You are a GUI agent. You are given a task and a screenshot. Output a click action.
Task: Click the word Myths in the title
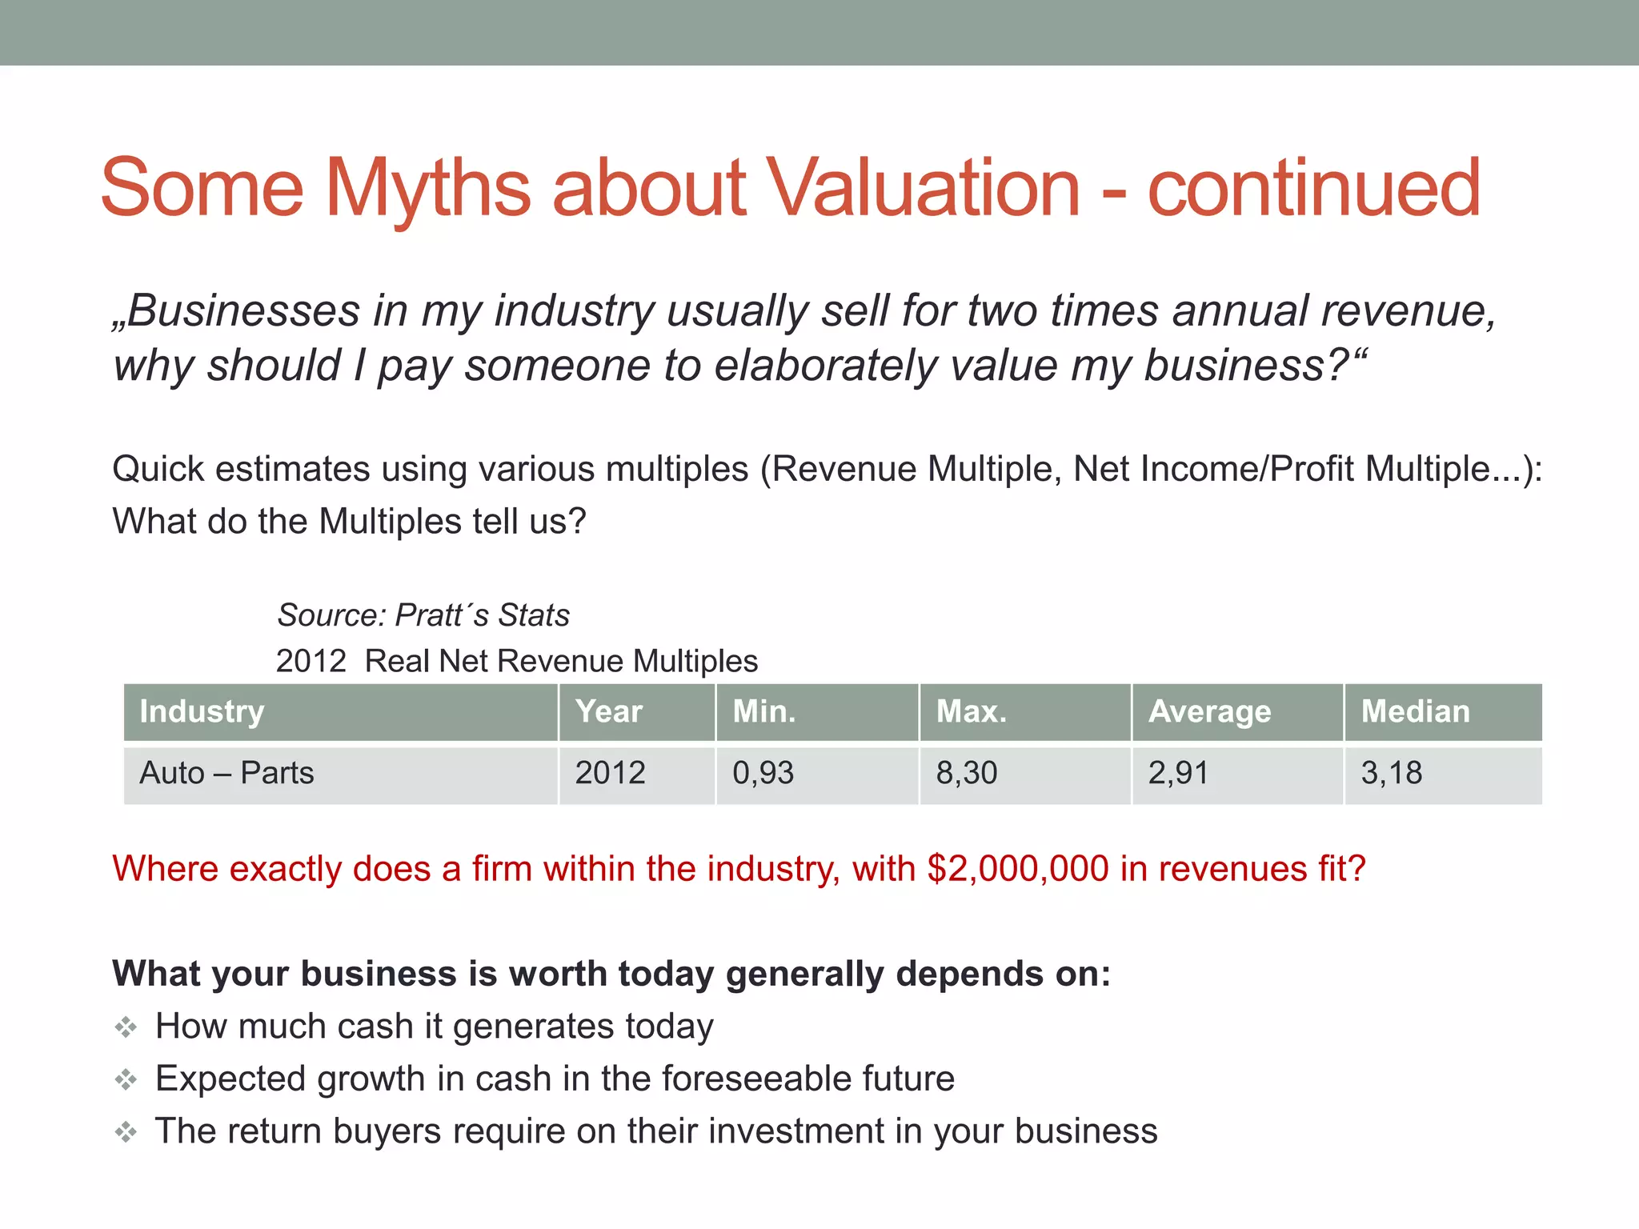point(428,188)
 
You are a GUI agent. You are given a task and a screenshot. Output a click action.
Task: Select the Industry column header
point(202,711)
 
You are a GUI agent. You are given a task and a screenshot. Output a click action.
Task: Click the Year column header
point(609,711)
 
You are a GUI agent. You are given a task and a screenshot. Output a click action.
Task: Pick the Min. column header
point(764,711)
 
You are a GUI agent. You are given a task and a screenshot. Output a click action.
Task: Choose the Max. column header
point(972,711)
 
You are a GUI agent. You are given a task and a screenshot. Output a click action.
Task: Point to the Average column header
point(1209,711)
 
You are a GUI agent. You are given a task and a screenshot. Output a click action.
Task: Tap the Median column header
point(1416,711)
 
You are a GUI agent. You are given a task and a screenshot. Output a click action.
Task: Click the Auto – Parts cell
point(226,773)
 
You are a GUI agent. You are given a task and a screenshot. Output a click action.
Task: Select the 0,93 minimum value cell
point(763,773)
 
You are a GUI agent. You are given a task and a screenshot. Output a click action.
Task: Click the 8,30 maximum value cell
point(967,773)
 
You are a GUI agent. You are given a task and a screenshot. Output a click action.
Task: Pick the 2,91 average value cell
point(1178,773)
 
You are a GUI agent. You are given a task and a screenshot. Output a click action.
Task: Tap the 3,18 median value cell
point(1392,773)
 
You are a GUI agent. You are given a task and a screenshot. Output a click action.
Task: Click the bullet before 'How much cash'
point(126,1027)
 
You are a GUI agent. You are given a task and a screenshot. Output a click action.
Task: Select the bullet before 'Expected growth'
point(126,1080)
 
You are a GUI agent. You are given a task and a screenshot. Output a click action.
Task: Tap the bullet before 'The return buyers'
point(126,1132)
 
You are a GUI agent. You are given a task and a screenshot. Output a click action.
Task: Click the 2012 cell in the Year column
point(610,773)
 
